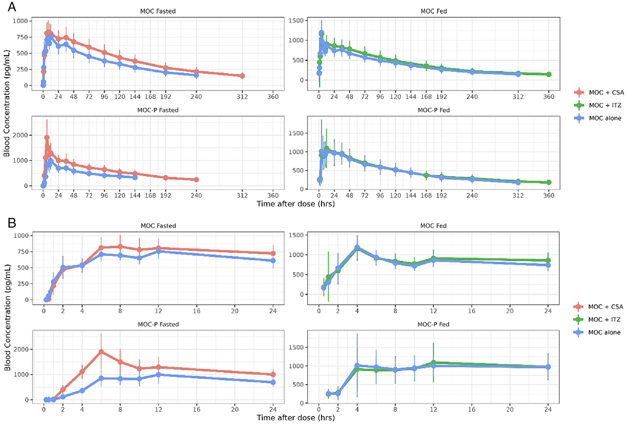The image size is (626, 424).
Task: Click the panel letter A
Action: (12, 7)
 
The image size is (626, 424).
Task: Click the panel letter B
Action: (12, 223)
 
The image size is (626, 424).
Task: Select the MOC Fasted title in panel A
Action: (158, 11)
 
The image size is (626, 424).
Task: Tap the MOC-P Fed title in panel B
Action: (433, 324)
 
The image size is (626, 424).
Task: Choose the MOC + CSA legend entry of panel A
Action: (606, 92)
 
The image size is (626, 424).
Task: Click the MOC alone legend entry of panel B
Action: (604, 332)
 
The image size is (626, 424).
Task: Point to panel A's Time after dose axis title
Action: (295, 204)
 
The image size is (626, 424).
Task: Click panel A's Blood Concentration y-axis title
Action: (7, 104)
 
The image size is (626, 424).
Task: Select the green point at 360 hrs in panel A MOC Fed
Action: (549, 75)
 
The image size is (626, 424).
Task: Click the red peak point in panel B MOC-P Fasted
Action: (101, 352)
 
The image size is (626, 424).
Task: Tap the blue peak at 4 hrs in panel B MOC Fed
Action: (357, 247)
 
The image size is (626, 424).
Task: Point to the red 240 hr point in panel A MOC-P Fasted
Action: (196, 180)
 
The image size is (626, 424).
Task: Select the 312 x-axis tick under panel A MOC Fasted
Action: (242, 97)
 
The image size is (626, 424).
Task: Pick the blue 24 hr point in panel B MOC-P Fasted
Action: (273, 382)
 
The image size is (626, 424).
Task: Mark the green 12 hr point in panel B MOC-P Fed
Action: (433, 362)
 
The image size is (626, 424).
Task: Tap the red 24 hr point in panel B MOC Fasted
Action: (273, 253)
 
